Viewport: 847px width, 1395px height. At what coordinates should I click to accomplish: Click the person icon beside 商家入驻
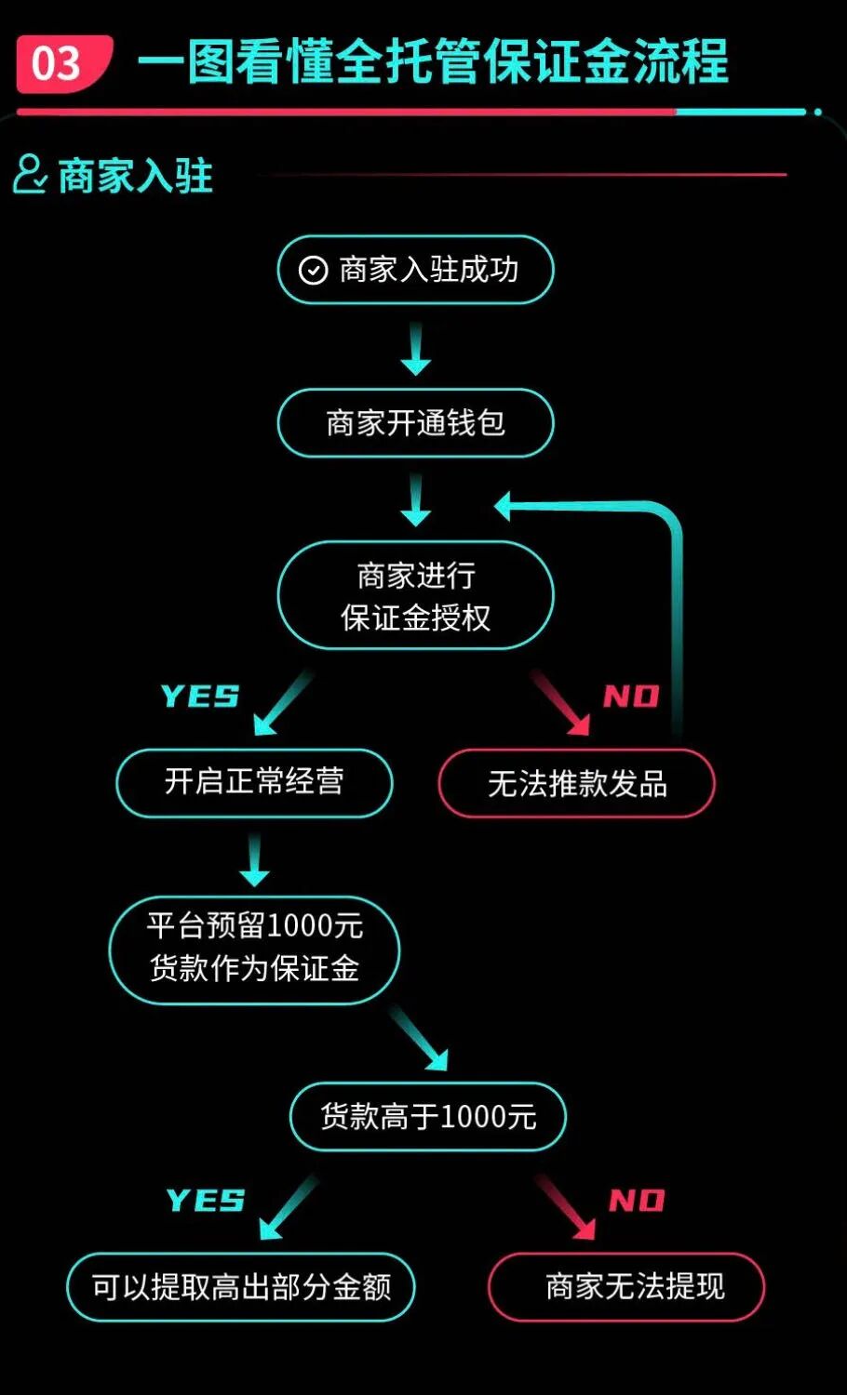point(29,174)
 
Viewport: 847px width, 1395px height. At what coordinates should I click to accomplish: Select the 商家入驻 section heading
point(136,176)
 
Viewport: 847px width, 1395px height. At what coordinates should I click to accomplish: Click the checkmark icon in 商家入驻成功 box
point(313,271)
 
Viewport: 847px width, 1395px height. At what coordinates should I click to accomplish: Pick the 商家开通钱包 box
point(415,423)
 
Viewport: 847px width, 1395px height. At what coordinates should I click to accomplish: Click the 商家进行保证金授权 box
point(415,595)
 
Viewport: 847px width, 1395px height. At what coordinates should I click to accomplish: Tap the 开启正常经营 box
point(254,782)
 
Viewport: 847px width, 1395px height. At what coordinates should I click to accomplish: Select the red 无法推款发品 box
point(576,784)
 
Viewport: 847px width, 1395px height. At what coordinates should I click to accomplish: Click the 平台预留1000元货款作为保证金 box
point(254,949)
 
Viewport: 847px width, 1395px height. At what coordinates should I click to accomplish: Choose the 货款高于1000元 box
point(428,1116)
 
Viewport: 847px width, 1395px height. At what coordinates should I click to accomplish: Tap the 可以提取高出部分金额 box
point(241,1287)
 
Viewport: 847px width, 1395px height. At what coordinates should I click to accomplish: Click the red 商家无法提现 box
point(625,1287)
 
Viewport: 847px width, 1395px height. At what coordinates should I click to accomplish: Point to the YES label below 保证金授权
point(199,697)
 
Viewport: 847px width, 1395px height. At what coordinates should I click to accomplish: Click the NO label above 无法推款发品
point(631,697)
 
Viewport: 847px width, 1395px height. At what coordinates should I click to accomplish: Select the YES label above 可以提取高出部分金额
point(205,1201)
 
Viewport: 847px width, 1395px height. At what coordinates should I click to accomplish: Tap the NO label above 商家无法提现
point(637,1201)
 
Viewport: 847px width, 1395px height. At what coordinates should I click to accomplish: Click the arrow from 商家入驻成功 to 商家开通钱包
point(415,349)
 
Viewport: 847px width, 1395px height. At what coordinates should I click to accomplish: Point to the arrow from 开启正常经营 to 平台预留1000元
point(254,860)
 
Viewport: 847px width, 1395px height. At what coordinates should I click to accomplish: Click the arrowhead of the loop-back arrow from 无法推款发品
point(504,507)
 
